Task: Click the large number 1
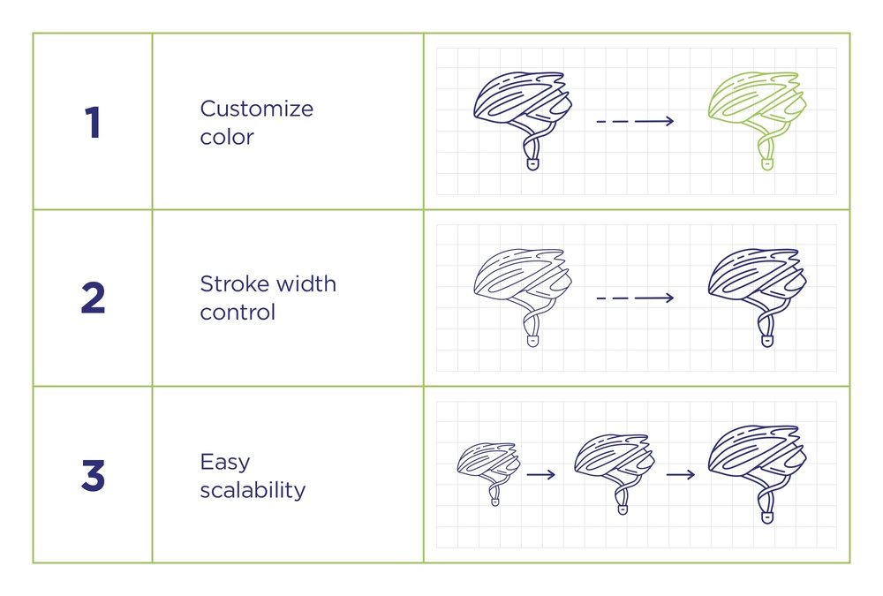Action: click(93, 122)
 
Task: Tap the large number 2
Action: click(93, 298)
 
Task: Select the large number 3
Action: click(93, 475)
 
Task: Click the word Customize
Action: click(257, 108)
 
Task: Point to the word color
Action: click(227, 137)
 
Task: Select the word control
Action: click(238, 312)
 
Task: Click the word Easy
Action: click(224, 463)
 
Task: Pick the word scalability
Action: click(253, 489)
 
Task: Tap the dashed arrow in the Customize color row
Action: click(635, 121)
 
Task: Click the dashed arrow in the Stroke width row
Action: click(635, 298)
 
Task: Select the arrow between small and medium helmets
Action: click(541, 475)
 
